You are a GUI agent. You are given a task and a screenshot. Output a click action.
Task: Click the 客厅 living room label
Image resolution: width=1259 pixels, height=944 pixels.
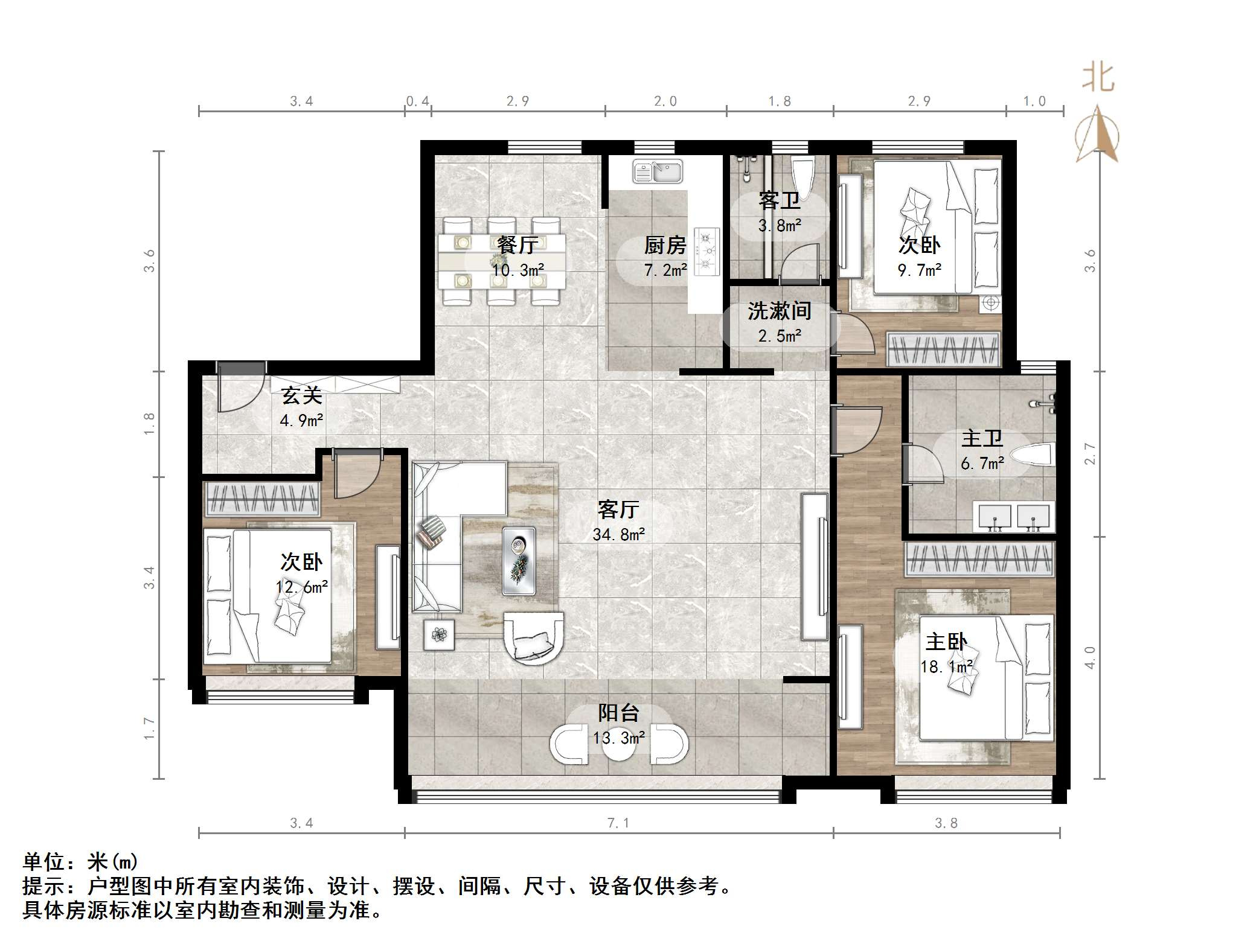point(618,510)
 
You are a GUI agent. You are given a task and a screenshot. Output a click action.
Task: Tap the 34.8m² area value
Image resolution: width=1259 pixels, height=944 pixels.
point(618,534)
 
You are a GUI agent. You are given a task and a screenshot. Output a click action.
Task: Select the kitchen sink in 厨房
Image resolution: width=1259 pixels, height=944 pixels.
point(658,171)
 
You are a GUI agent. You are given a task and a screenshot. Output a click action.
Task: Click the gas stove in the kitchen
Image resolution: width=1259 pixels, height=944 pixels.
point(706,250)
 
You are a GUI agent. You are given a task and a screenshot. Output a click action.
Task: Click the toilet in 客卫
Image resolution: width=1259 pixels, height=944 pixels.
point(802,173)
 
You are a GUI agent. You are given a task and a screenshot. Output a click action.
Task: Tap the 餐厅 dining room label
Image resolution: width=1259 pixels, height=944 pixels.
point(517,244)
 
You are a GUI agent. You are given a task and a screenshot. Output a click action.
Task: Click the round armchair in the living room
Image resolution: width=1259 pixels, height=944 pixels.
point(533,639)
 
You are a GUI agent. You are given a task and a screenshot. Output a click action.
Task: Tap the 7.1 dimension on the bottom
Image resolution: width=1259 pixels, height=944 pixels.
point(618,823)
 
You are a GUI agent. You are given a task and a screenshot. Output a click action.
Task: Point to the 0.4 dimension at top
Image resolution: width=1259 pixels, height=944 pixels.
point(417,101)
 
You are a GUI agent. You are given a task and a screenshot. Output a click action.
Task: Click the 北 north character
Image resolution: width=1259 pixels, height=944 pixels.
point(1097,78)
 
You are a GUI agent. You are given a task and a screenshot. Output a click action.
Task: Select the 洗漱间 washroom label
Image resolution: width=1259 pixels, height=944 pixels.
point(779,311)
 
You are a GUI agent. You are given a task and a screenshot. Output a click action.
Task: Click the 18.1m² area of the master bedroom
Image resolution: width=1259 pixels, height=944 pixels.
point(946,666)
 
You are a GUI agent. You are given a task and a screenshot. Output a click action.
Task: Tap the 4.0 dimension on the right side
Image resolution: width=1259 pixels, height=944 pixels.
point(1089,657)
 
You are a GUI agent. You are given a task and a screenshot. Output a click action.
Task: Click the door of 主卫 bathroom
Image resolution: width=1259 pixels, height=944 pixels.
point(923,464)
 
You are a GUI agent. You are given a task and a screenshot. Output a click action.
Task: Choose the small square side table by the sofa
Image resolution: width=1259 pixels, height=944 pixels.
point(439,634)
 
